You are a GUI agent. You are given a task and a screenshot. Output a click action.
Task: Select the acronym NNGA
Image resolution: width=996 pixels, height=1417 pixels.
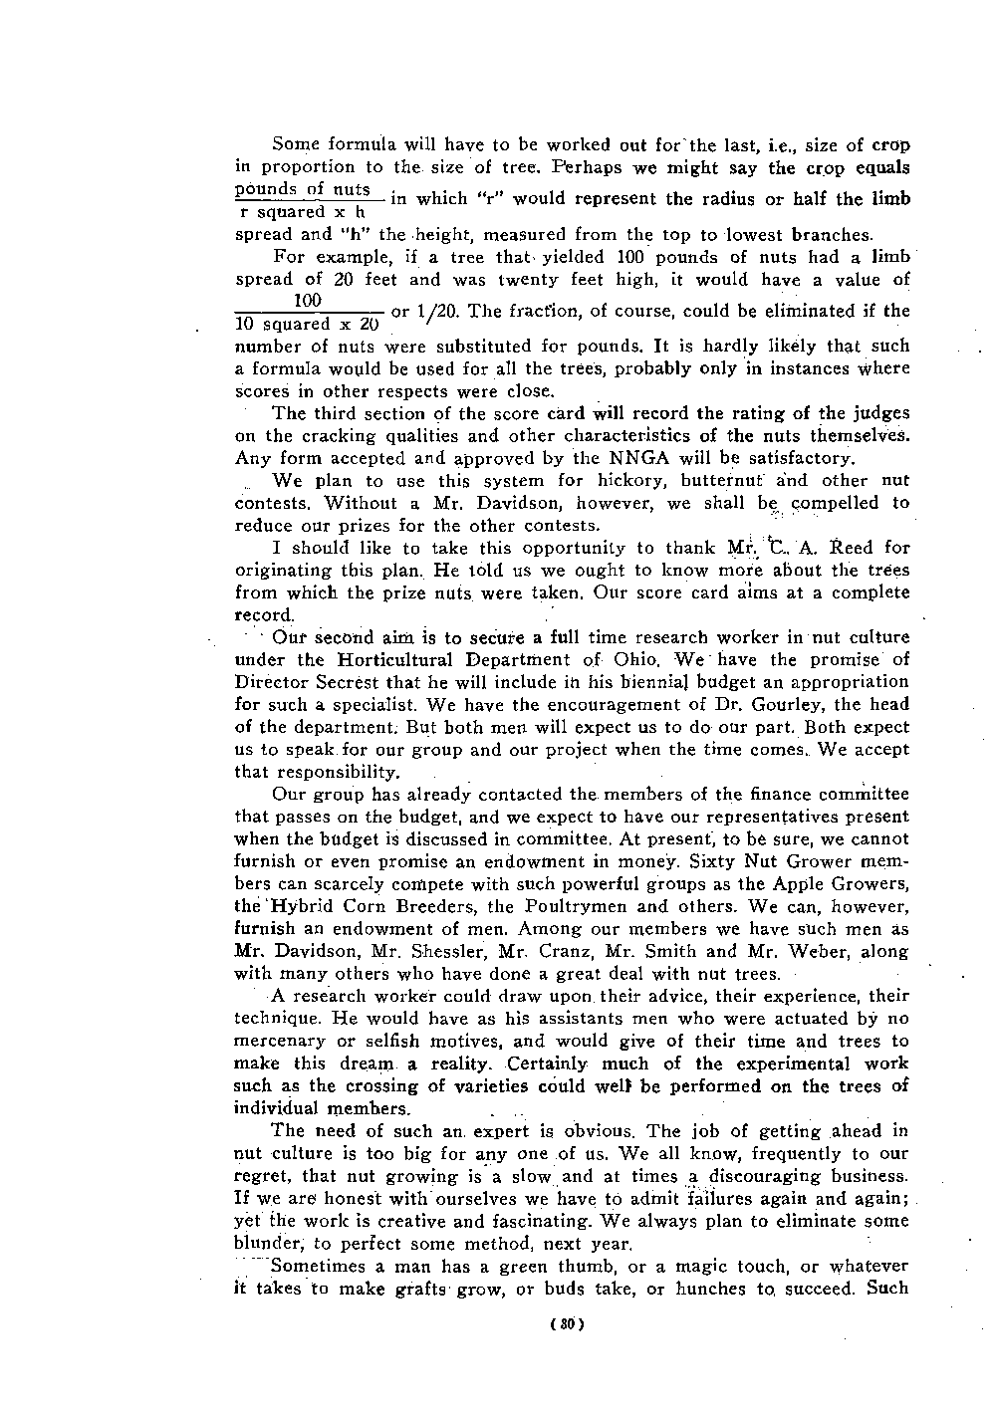click(x=631, y=459)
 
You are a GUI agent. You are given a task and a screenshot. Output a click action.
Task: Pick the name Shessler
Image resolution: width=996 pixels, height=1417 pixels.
click(x=421, y=951)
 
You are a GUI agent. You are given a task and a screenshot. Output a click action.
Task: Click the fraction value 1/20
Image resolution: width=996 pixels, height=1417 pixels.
click(x=435, y=311)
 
